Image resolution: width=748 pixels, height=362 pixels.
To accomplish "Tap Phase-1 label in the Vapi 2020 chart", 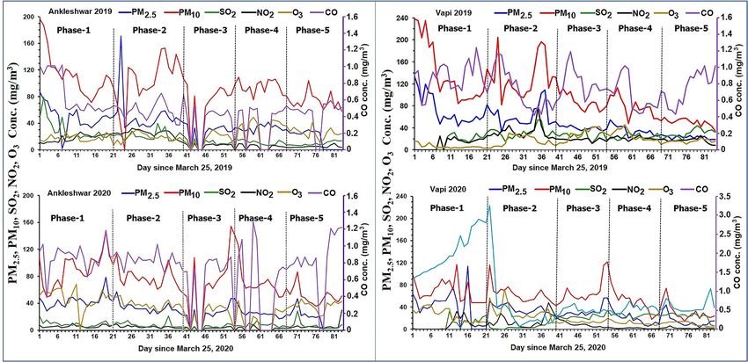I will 447,207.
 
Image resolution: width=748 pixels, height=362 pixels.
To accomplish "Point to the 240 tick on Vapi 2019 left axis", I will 400,18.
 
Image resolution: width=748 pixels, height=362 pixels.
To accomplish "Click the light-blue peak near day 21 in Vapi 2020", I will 489,206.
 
